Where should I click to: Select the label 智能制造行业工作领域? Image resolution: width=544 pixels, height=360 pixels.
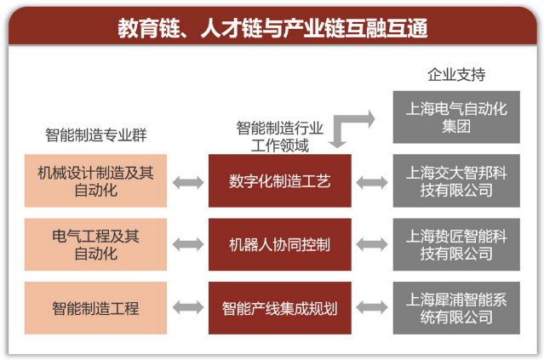[x=279, y=136]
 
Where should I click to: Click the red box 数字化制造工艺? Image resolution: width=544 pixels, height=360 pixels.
[x=279, y=180]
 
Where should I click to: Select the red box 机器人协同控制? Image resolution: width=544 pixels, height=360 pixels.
[x=279, y=244]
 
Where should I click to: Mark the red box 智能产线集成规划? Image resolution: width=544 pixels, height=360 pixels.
[x=279, y=307]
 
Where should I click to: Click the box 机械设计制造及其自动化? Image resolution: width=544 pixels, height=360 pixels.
[x=96, y=180]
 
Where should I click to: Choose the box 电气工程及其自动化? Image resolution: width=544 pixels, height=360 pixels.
[x=96, y=244]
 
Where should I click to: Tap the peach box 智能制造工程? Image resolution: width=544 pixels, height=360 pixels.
[x=96, y=307]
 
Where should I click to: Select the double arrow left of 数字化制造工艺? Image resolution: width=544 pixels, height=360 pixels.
[x=187, y=180]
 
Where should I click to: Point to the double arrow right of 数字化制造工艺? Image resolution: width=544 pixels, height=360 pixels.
[x=372, y=180]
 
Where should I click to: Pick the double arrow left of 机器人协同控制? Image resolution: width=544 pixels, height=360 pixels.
[x=187, y=244]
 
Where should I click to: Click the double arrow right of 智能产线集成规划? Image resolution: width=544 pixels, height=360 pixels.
[x=372, y=307]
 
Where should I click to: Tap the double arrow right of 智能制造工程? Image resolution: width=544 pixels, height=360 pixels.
[x=187, y=307]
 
